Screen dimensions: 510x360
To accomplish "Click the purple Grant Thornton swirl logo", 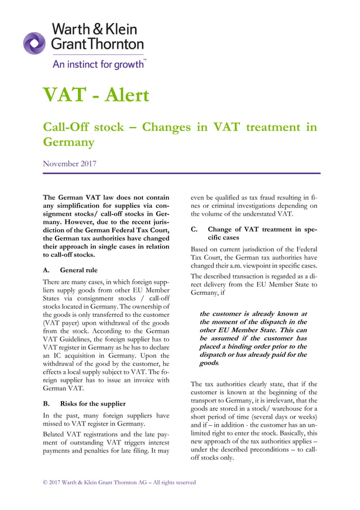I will tap(34, 43).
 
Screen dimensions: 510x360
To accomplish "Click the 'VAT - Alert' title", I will tap(96, 95).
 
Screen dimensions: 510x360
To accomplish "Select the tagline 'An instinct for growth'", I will tap(99, 64).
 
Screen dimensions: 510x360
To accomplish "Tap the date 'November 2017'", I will tap(69, 164).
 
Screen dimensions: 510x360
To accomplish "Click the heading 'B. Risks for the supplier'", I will tap(84, 403).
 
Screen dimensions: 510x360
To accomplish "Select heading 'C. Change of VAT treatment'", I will tap(254, 234).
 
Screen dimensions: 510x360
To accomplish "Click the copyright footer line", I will tap(119, 482).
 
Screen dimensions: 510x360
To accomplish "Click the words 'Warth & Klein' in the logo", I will tap(94, 28).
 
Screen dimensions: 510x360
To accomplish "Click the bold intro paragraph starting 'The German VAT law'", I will tap(106, 226).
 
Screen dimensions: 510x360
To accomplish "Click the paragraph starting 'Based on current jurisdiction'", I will tap(254, 258).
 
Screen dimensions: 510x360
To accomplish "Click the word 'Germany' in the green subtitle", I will tap(68, 142).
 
